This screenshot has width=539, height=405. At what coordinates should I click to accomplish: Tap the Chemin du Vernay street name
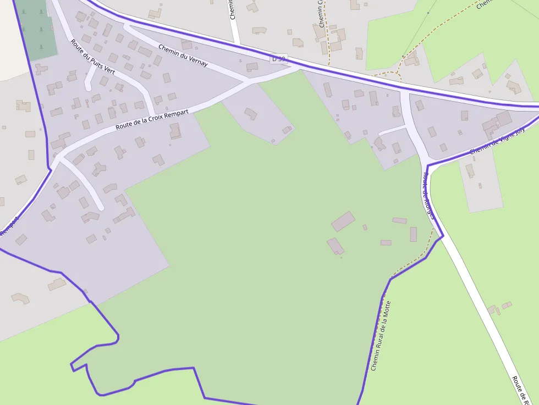click(183, 55)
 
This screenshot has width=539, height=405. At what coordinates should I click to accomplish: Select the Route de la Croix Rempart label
click(152, 120)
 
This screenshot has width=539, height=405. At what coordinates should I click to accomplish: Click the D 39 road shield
click(279, 58)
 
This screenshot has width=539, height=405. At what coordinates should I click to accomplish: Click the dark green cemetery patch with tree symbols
click(36, 30)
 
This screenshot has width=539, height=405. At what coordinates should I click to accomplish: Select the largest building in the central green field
click(343, 221)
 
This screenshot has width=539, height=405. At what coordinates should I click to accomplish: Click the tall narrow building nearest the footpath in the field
click(413, 234)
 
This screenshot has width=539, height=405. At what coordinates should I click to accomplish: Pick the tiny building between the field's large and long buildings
click(364, 227)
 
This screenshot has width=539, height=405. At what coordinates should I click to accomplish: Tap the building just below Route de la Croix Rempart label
click(175, 131)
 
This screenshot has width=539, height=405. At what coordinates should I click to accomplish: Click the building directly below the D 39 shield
click(252, 67)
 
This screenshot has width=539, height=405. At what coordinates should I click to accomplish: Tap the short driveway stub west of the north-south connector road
click(392, 130)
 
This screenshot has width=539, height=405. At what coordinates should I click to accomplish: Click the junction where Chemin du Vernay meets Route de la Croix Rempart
click(249, 81)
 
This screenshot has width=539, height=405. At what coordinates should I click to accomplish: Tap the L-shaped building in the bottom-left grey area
click(21, 298)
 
